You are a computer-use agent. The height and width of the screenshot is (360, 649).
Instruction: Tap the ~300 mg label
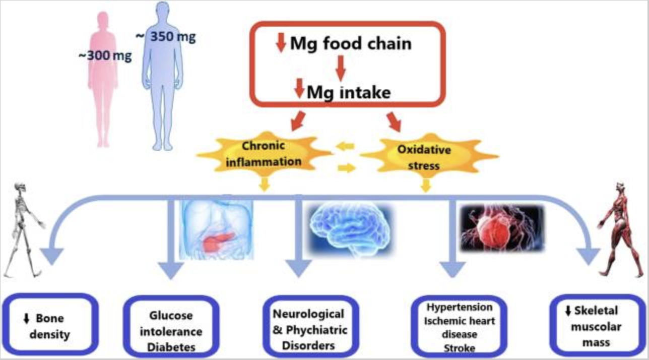point(105,55)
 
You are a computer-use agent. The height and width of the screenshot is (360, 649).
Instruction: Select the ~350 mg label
point(166,37)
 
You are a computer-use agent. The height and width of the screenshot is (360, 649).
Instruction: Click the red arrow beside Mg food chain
point(281,43)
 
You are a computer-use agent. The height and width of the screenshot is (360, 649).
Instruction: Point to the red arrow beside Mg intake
point(299,88)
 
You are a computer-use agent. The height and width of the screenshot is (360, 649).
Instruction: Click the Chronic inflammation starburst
point(264,154)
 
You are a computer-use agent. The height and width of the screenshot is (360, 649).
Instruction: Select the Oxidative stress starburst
point(429,156)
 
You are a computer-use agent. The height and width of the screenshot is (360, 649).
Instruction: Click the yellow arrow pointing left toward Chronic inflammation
point(345,146)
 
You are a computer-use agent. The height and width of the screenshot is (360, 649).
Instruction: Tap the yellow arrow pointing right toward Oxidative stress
point(347,168)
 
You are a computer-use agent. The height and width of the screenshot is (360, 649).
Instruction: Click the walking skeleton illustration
point(25,230)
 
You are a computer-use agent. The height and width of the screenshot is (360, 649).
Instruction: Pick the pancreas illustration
point(216,229)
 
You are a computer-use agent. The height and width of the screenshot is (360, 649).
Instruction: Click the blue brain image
point(351,229)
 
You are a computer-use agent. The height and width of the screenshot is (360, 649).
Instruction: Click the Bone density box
point(50,325)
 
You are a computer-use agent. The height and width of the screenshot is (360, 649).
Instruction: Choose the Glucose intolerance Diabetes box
point(171,327)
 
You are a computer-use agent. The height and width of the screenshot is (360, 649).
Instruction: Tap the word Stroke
point(460,348)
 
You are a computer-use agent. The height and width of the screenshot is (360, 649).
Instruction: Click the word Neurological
point(308,314)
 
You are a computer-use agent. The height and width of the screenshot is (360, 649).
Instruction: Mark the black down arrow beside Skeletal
point(568,311)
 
